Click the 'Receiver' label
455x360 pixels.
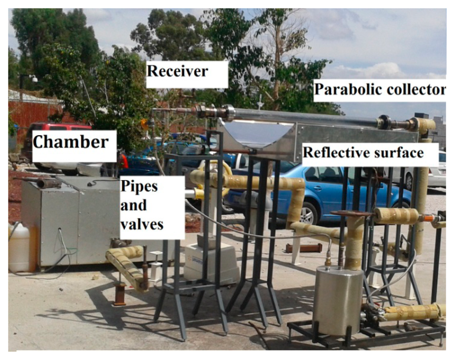[x=178, y=71]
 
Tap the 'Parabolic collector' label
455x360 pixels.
[x=379, y=90]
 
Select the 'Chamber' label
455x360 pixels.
[x=71, y=142]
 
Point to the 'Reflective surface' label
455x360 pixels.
[x=363, y=153]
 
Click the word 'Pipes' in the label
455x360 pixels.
[x=139, y=186]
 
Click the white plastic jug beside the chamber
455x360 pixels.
[x=19, y=247]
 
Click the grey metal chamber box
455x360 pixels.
[x=71, y=222]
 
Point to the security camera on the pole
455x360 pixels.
[x=34, y=78]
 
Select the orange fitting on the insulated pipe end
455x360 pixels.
[x=427, y=218]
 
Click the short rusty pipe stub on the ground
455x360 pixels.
[x=119, y=296]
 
